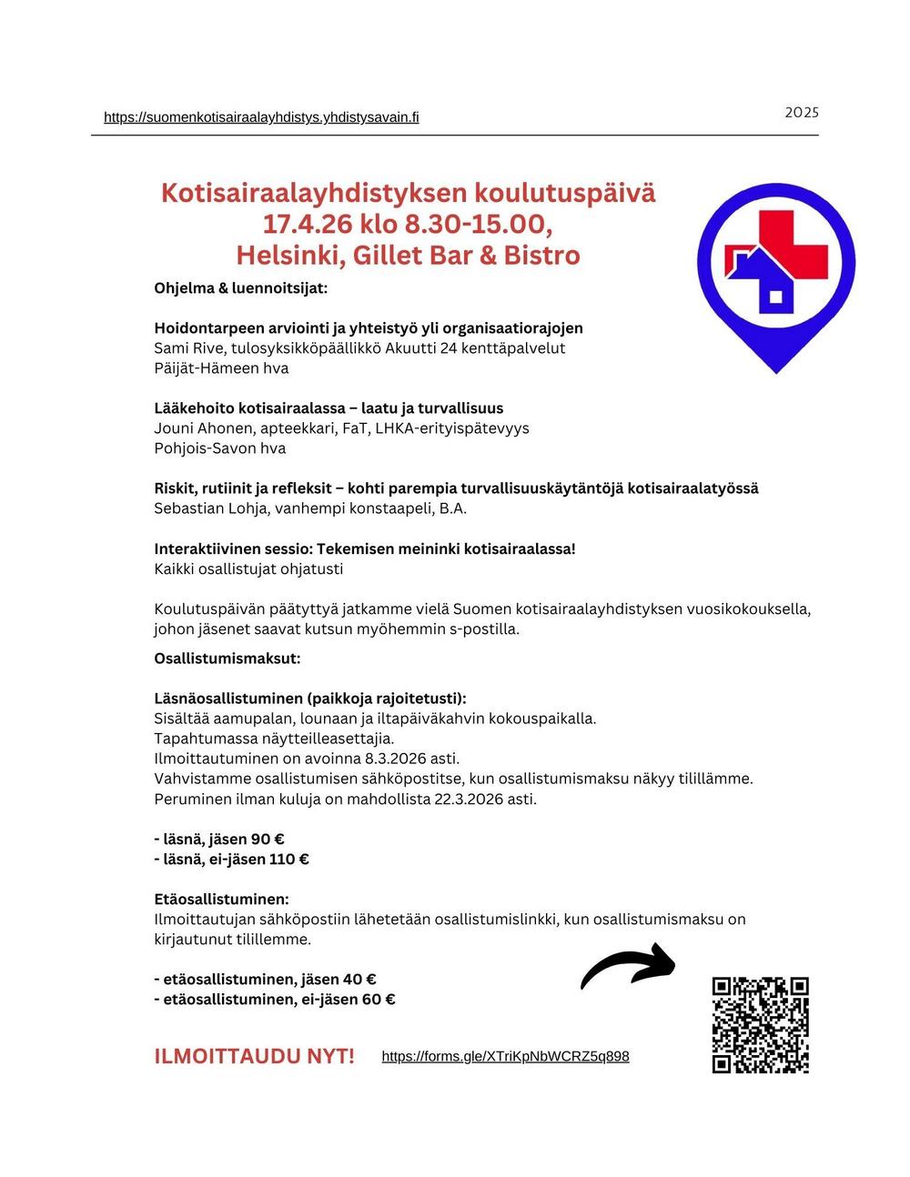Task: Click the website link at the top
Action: pos(261,117)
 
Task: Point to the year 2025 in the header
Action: pos(801,113)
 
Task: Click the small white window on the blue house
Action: pos(775,297)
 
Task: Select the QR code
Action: pos(760,1025)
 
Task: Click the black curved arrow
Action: pos(629,965)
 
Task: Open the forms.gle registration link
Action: pos(505,1056)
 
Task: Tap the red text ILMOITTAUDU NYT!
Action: pos(255,1056)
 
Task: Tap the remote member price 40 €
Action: pos(359,980)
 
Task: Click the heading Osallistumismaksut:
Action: pos(227,658)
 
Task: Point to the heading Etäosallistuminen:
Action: pos(222,900)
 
